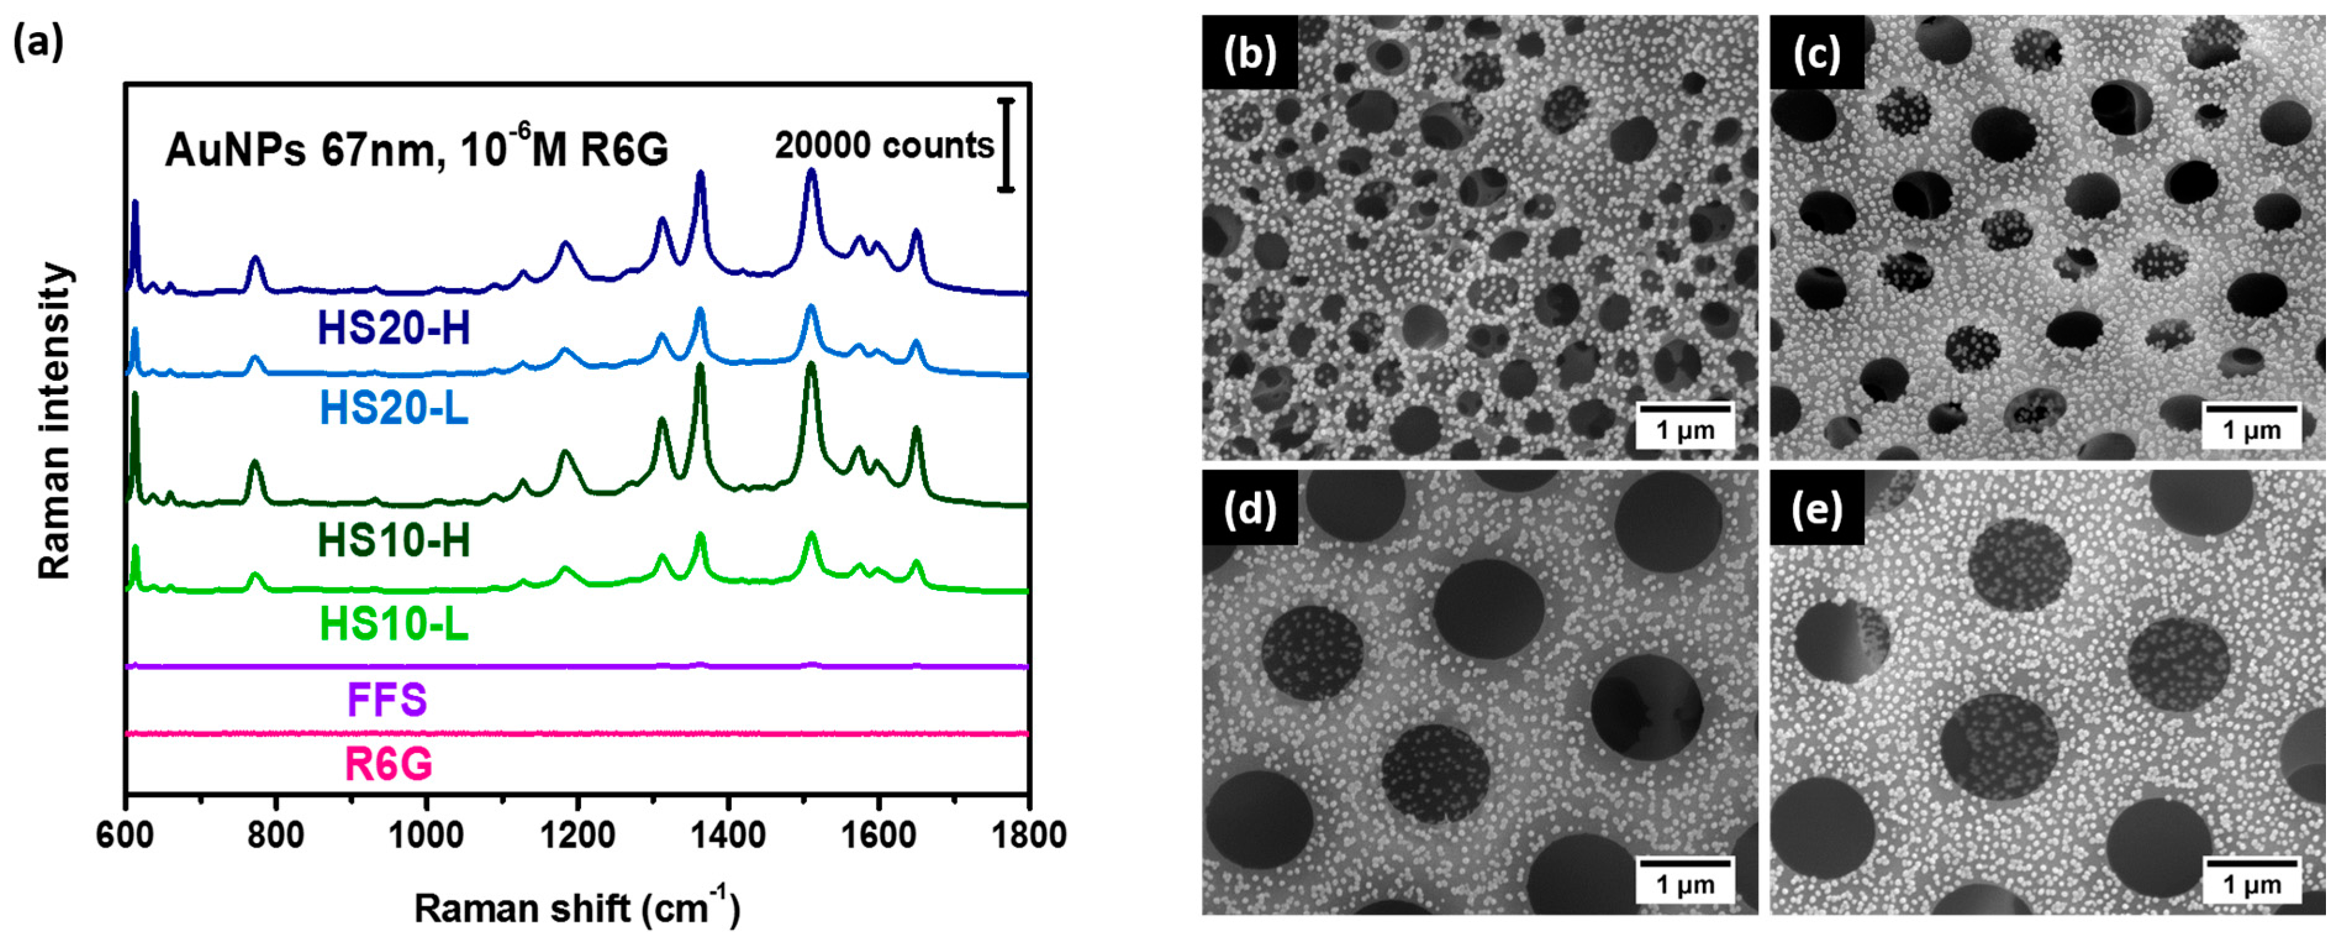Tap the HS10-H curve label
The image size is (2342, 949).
(394, 542)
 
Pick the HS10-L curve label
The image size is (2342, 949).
(394, 624)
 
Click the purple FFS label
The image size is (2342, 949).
(386, 700)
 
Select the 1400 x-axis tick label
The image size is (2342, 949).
(727, 834)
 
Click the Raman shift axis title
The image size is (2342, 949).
(577, 908)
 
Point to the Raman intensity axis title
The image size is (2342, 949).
(54, 421)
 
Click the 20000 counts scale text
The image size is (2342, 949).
(883, 146)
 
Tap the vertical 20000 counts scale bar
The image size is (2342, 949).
(1006, 146)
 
